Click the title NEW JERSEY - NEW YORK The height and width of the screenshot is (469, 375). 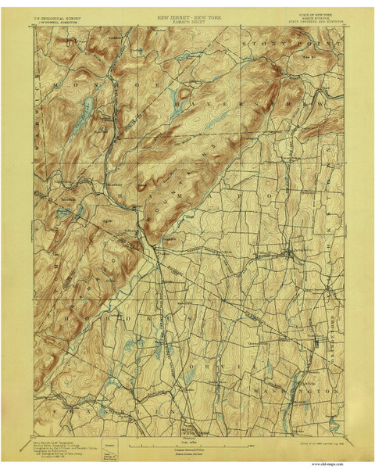(187, 16)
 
